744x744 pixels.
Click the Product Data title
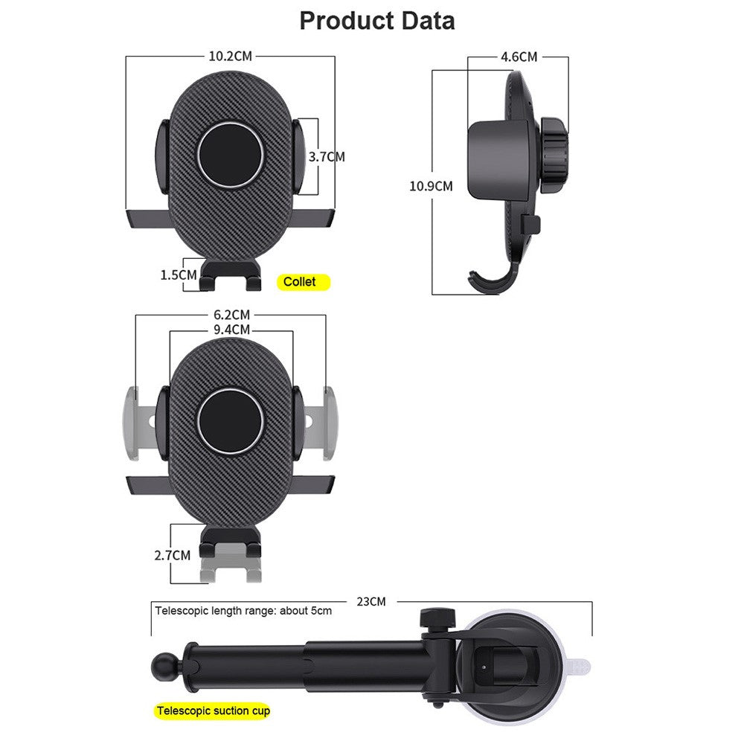pyautogui.click(x=376, y=21)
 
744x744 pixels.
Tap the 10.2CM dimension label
pyautogui.click(x=230, y=56)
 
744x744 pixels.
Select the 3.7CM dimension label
pyautogui.click(x=327, y=156)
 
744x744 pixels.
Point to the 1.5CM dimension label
pyautogui.click(x=179, y=275)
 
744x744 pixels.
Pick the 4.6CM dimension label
pyautogui.click(x=519, y=57)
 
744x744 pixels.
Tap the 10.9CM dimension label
pyautogui.click(x=431, y=186)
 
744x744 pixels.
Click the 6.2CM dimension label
pyautogui.click(x=231, y=315)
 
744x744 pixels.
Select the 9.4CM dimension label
pyautogui.click(x=231, y=330)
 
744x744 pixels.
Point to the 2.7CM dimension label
pyautogui.click(x=173, y=555)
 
